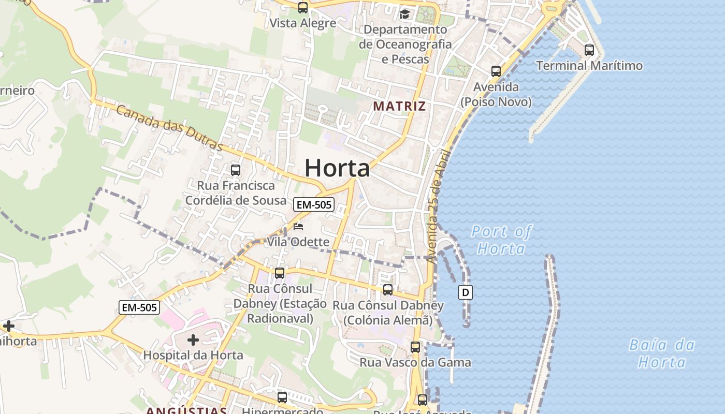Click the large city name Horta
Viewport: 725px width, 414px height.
click(x=337, y=168)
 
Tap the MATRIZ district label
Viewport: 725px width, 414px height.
click(x=399, y=106)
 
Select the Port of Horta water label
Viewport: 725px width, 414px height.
click(x=501, y=240)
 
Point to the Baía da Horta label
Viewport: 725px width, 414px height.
click(x=662, y=353)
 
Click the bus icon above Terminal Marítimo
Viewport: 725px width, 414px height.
click(x=589, y=50)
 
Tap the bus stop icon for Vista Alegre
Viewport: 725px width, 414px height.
click(x=303, y=8)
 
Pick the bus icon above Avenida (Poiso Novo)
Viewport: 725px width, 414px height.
click(x=496, y=71)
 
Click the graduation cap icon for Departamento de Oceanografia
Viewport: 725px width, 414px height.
click(x=404, y=14)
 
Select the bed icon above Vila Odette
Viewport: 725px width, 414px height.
click(x=298, y=227)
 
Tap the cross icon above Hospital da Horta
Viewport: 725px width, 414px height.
click(x=193, y=340)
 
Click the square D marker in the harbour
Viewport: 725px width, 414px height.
click(x=466, y=293)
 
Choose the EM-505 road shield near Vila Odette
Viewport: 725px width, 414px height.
click(x=313, y=205)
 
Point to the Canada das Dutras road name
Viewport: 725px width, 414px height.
click(x=169, y=127)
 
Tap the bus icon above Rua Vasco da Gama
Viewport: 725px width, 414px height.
click(x=415, y=347)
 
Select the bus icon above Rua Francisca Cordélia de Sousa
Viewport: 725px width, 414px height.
click(x=236, y=170)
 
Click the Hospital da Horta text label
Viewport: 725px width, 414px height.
click(x=193, y=355)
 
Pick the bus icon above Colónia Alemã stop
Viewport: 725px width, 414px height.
click(x=388, y=290)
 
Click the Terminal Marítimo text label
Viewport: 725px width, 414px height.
click(x=589, y=66)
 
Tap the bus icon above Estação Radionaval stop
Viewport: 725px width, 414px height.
click(x=280, y=273)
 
